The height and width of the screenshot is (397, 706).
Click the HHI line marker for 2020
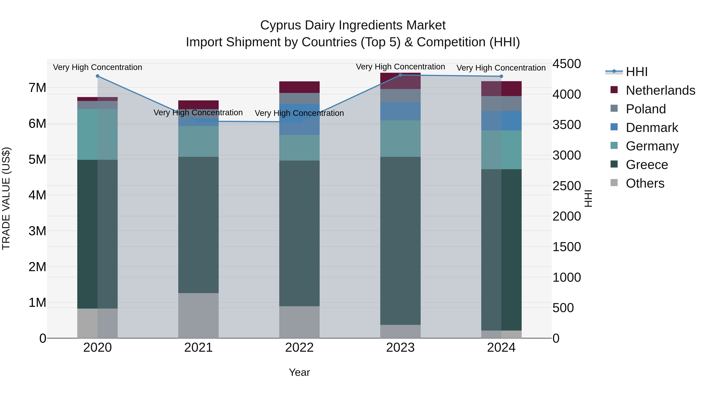(98, 76)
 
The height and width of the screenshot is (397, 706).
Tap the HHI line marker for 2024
(501, 76)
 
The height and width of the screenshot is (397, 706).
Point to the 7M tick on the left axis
(37, 88)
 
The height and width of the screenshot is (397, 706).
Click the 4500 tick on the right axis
(566, 64)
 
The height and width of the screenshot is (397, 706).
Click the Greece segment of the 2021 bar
(198, 225)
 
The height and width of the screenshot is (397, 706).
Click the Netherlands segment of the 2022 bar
(299, 87)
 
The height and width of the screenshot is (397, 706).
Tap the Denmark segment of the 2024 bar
(501, 121)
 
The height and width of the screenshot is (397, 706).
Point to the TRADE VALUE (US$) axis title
(6, 198)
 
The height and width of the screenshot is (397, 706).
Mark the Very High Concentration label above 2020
(98, 67)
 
